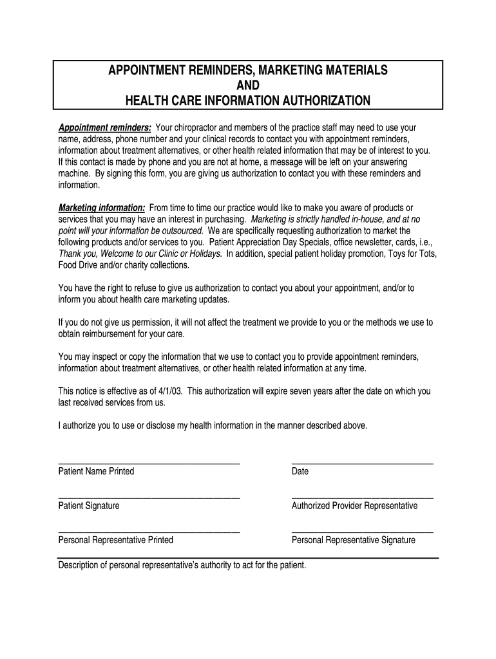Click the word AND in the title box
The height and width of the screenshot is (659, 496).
click(x=248, y=86)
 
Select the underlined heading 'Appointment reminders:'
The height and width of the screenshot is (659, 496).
click(x=105, y=127)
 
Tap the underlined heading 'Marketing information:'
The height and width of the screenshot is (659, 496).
click(x=102, y=208)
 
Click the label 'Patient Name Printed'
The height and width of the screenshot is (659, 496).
click(x=97, y=472)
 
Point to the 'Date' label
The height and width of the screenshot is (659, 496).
click(x=300, y=472)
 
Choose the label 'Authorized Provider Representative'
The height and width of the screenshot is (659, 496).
click(x=354, y=506)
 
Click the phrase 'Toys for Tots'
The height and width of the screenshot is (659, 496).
click(x=412, y=254)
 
